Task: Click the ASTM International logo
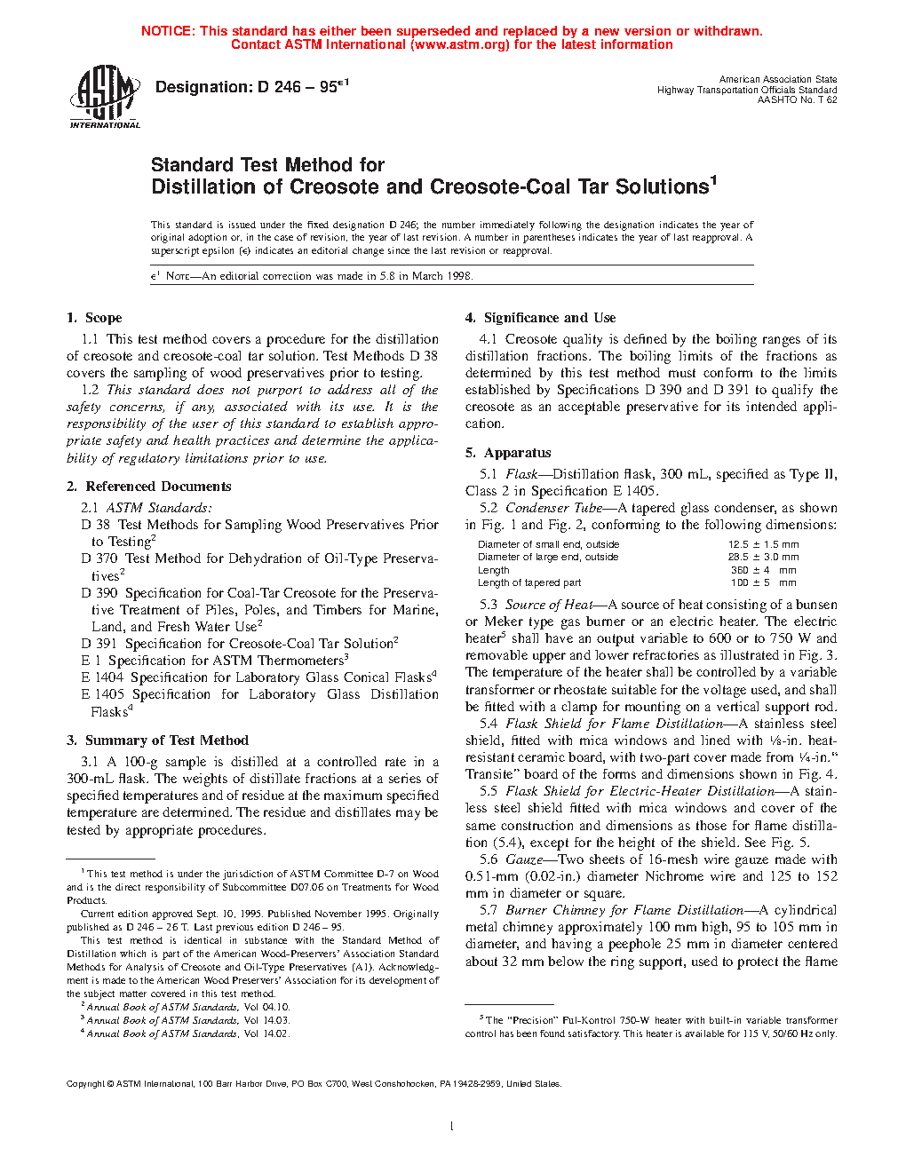coord(105,98)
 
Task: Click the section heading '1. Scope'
coord(94,318)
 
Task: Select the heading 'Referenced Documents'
coord(158,487)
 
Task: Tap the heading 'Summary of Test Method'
coord(166,740)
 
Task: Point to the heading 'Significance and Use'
coord(549,318)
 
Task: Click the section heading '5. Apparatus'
coord(508,453)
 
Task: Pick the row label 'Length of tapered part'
coord(529,582)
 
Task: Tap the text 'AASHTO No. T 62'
coord(797,100)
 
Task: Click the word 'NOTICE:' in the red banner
coord(168,31)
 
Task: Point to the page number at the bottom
coord(452,1127)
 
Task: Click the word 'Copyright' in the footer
coord(85,1083)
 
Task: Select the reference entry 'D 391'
coord(99,644)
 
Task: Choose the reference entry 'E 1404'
coord(102,677)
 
